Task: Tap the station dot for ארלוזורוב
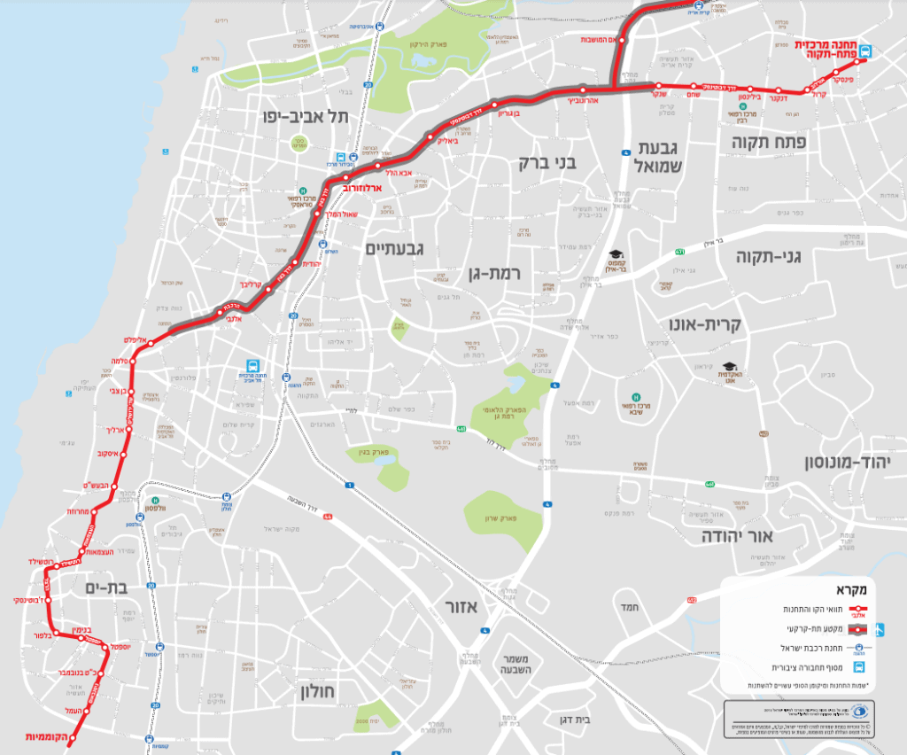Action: [x=347, y=178]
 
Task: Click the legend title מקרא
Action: [x=849, y=588]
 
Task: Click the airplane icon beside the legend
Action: [x=879, y=630]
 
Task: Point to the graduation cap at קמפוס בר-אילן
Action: [x=616, y=255]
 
